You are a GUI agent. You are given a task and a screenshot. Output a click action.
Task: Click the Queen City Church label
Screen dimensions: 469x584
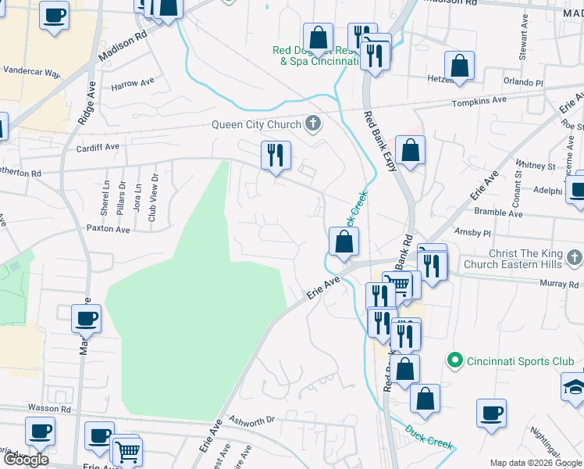(x=257, y=125)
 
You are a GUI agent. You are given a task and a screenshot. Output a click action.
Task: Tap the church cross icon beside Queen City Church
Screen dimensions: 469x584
(x=313, y=124)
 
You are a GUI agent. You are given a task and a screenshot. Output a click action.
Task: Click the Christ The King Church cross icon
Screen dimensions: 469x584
(x=575, y=258)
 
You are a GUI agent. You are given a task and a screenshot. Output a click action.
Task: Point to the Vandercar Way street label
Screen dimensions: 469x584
(x=32, y=72)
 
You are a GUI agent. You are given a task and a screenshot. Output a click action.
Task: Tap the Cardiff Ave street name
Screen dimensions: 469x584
(x=98, y=146)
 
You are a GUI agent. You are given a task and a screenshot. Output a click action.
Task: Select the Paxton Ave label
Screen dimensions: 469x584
(x=108, y=229)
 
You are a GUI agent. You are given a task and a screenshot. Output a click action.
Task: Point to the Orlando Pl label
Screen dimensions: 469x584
(x=523, y=82)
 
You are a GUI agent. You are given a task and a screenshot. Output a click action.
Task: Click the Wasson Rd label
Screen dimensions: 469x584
(x=50, y=408)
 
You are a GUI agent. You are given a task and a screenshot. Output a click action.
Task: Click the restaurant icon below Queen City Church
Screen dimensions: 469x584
(x=275, y=156)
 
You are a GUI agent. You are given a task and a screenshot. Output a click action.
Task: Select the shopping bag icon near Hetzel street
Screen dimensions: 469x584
(x=460, y=66)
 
